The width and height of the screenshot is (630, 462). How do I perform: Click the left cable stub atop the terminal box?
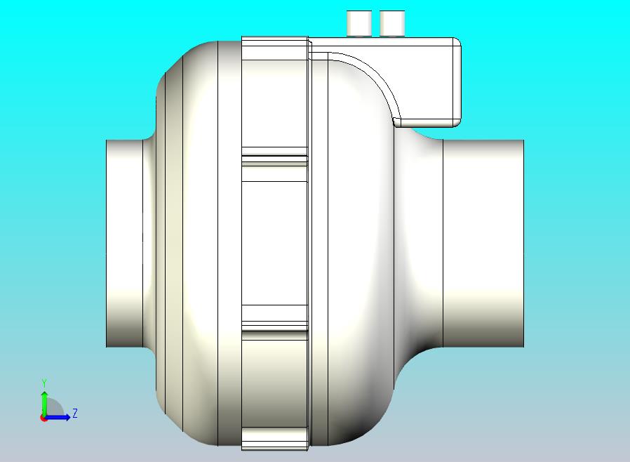[x=359, y=23]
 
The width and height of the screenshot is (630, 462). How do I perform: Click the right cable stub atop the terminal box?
[x=392, y=23]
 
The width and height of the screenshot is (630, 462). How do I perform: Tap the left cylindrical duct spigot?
[x=124, y=243]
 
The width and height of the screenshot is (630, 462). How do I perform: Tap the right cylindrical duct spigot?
[x=483, y=243]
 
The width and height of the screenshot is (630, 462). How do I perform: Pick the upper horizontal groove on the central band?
[x=274, y=160]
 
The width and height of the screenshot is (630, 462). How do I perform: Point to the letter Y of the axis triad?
[x=44, y=383]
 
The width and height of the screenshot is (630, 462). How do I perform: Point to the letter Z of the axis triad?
[x=75, y=413]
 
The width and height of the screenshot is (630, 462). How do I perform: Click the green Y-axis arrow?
[x=44, y=402]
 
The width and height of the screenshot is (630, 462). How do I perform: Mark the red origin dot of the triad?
[x=43, y=418]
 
